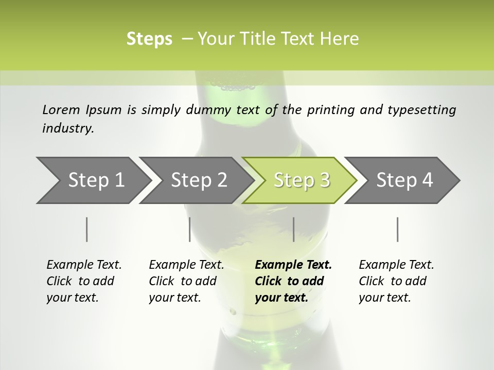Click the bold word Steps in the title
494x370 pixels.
pos(149,39)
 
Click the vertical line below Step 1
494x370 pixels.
pos(87,229)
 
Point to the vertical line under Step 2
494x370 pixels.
pos(190,229)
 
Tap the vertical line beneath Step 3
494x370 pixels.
pos(294,229)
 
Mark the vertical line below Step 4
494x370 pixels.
pos(398,229)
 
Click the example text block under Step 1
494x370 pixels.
pos(84,281)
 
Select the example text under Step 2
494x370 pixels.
pos(186,281)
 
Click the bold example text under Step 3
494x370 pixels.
pos(293,281)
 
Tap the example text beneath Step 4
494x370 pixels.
pos(396,281)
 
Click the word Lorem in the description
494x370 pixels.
pos(61,109)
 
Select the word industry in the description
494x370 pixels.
pos(68,128)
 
